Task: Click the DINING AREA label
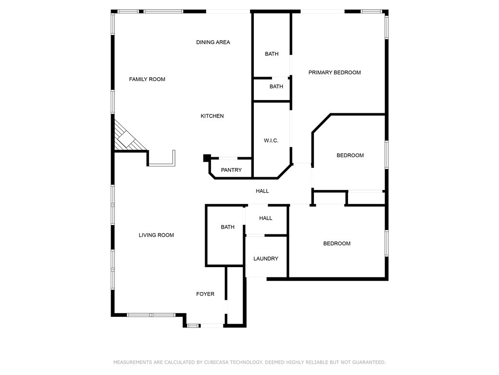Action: point(213,42)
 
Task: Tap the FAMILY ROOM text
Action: point(147,79)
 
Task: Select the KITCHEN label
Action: point(212,116)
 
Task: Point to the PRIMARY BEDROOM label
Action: point(334,72)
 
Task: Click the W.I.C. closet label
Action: point(271,140)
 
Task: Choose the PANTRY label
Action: point(231,170)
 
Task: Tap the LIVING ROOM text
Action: point(156,235)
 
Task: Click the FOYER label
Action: point(205,294)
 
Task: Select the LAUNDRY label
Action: point(266,259)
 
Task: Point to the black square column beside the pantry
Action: point(207,158)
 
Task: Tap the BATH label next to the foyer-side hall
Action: point(228,227)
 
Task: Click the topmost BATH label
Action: point(271,54)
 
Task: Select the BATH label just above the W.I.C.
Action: point(276,86)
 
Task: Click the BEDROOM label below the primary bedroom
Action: point(350,155)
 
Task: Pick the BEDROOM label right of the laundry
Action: point(337,244)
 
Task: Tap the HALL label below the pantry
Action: point(262,191)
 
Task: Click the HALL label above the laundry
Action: point(266,218)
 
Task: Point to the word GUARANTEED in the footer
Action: point(370,362)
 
